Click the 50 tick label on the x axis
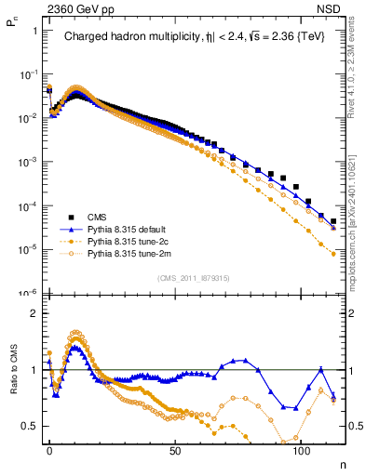tap(175, 449)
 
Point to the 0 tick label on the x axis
tap(49, 449)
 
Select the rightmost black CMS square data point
tap(333, 221)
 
